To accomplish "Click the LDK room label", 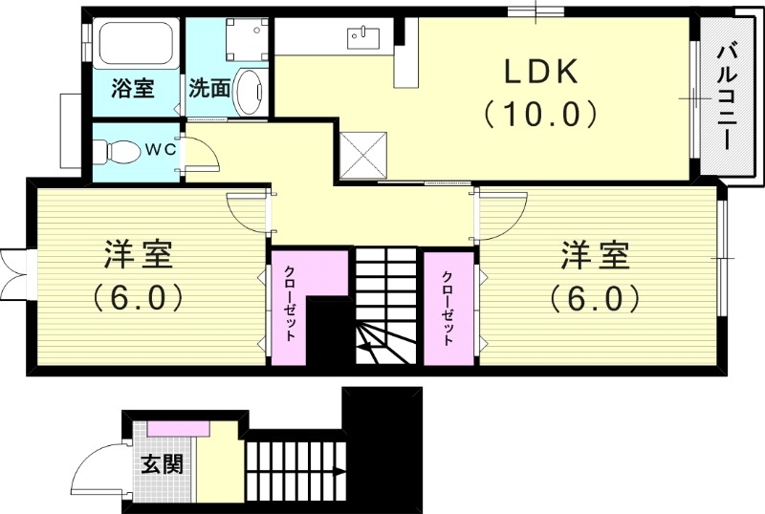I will [539, 72].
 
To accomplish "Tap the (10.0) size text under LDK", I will [539, 115].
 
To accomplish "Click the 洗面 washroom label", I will [208, 89].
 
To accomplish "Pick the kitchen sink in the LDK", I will [364, 37].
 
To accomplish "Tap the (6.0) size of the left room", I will [139, 298].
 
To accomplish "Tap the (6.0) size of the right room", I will [595, 298].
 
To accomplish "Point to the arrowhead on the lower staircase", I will [339, 470].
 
